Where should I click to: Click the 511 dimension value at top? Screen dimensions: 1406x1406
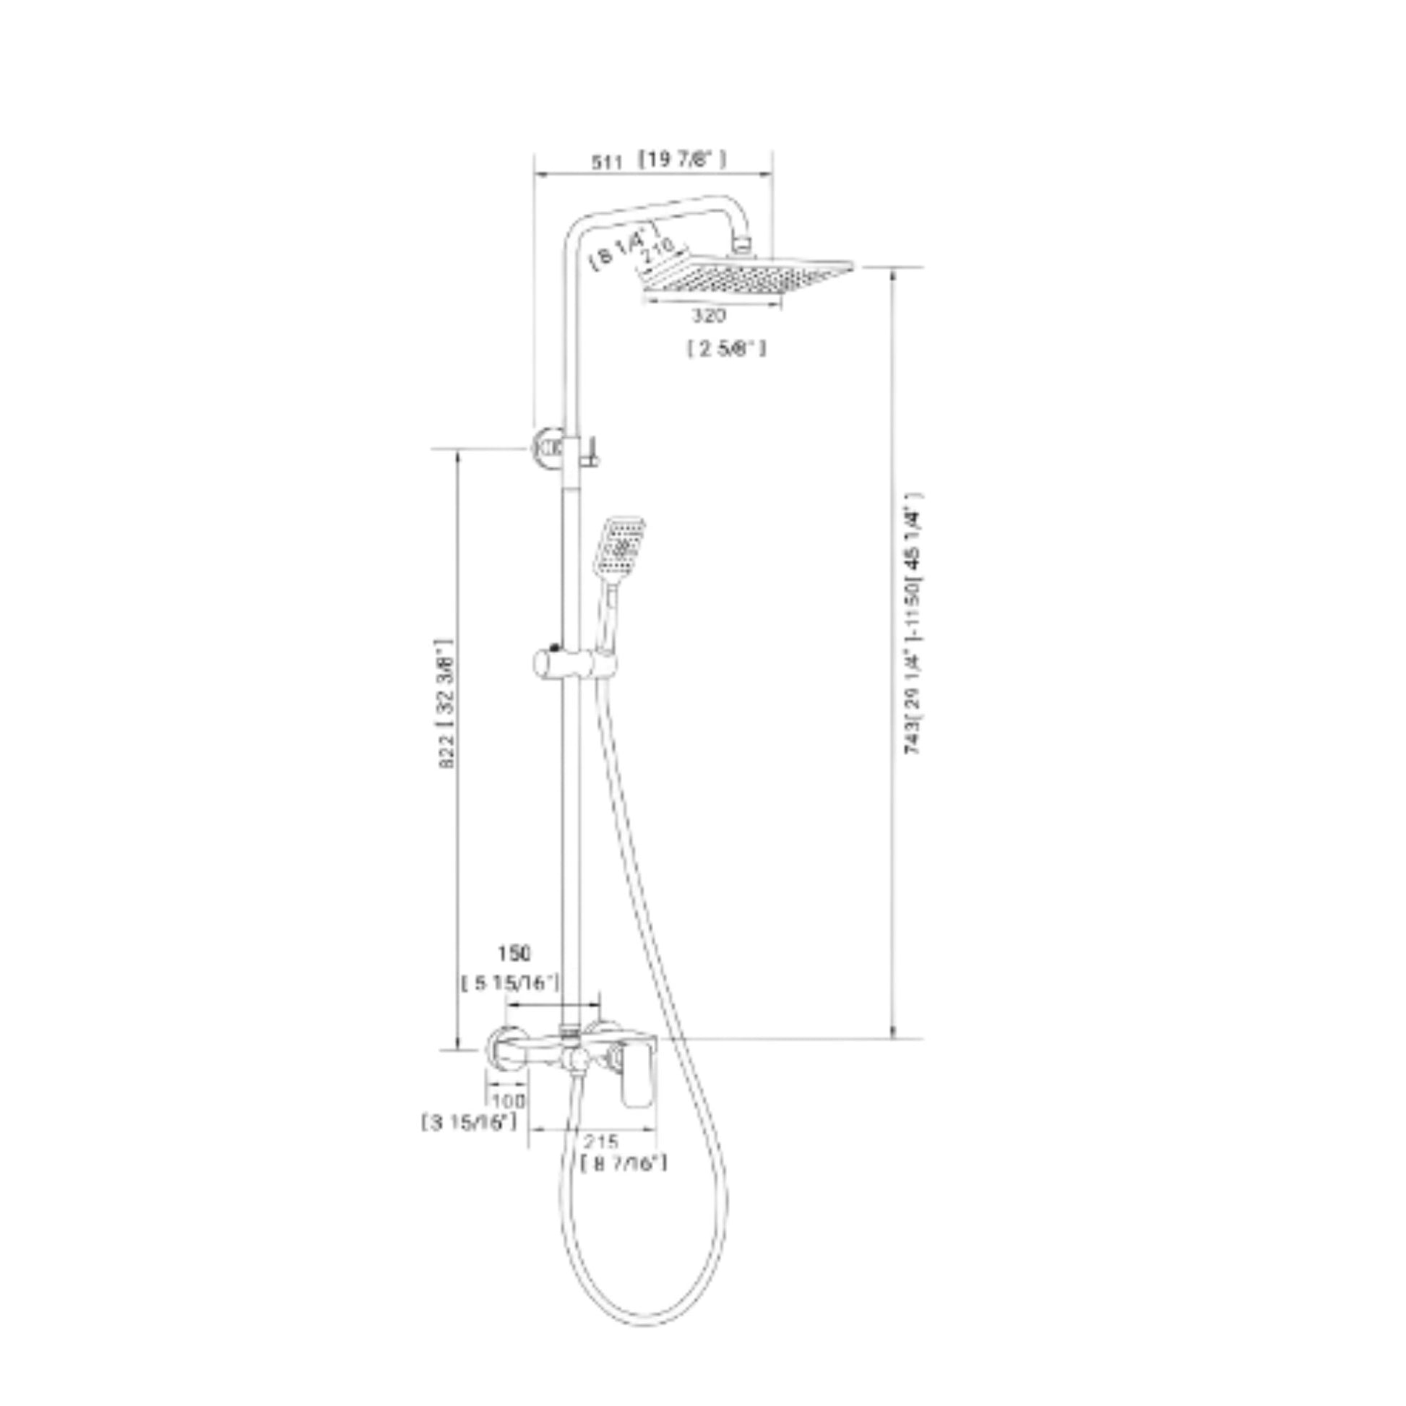pyautogui.click(x=606, y=163)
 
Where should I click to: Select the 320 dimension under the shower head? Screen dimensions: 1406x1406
pyautogui.click(x=708, y=316)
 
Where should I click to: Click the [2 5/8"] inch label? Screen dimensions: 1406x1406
pyautogui.click(x=726, y=349)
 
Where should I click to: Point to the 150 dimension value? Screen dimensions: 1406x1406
pyautogui.click(x=514, y=952)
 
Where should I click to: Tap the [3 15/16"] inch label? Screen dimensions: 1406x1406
pyautogui.click(x=470, y=1123)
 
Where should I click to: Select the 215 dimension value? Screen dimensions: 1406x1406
pyautogui.click(x=600, y=1140)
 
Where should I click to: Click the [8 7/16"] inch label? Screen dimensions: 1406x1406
pyautogui.click(x=624, y=1163)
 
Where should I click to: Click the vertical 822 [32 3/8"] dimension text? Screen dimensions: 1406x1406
pyautogui.click(x=446, y=704)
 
